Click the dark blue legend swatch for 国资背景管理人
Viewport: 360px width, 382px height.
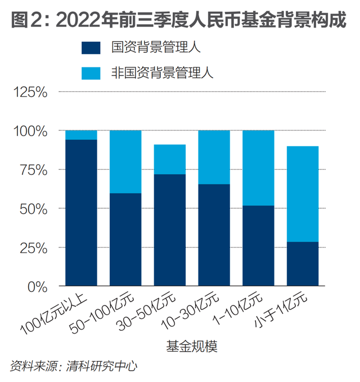point(91,47)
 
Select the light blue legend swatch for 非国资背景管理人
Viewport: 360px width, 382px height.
point(91,73)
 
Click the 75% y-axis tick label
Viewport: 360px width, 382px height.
point(35,170)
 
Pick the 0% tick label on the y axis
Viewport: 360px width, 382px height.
point(39,287)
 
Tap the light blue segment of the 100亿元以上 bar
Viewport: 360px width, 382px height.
point(81,135)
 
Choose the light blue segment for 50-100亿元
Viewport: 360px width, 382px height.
point(125,161)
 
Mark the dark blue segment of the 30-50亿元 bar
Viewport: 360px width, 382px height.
point(170,230)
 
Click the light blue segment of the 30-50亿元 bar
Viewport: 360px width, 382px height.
point(170,159)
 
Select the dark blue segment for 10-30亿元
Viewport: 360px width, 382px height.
point(214,235)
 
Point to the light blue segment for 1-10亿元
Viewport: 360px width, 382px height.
point(258,168)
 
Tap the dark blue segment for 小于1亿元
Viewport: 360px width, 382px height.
point(303,264)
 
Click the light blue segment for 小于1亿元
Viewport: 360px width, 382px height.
point(303,194)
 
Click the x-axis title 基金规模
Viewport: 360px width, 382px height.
point(191,347)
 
